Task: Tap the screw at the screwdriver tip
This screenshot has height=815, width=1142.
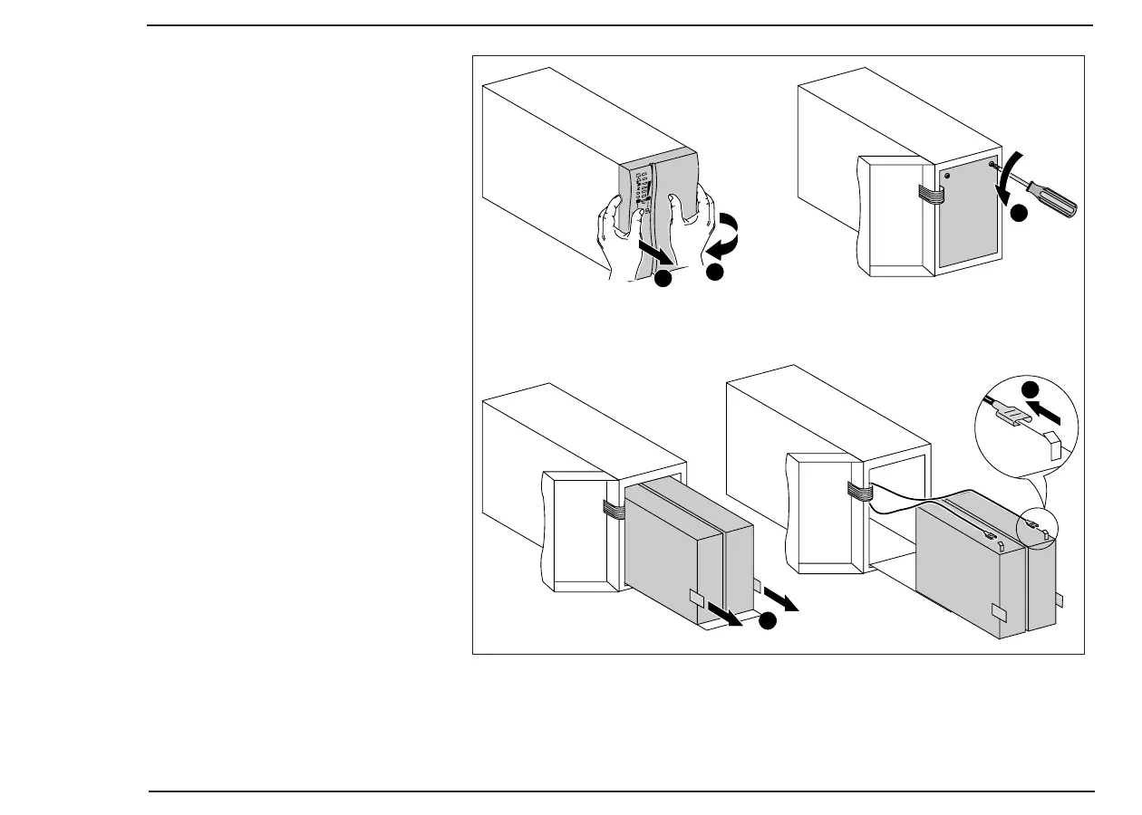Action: pyautogui.click(x=995, y=166)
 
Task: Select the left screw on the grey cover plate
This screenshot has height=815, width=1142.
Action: pyautogui.click(x=946, y=174)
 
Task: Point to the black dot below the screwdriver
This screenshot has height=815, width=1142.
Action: pyautogui.click(x=1020, y=214)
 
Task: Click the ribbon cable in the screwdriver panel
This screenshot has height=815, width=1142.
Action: pyautogui.click(x=928, y=191)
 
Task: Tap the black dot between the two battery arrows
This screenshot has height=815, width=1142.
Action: pyautogui.click(x=768, y=621)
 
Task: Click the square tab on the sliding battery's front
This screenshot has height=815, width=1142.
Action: pyautogui.click(x=696, y=599)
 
